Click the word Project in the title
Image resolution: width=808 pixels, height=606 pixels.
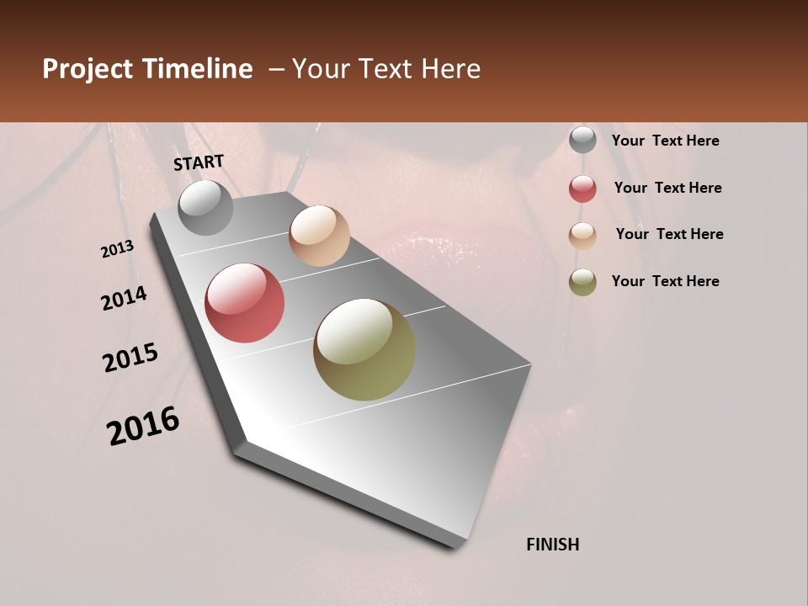(88, 70)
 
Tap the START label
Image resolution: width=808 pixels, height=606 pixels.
(199, 162)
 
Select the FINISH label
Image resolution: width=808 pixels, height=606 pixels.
(553, 545)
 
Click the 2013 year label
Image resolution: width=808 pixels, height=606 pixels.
(118, 249)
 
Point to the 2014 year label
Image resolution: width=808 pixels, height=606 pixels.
(125, 299)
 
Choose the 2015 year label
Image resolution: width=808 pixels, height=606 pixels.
(130, 358)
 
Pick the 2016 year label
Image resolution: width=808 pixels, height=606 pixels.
(143, 426)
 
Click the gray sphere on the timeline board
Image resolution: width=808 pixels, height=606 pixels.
(205, 207)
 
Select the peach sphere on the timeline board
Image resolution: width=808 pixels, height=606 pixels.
(319, 236)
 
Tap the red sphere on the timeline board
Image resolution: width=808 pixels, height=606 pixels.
(245, 303)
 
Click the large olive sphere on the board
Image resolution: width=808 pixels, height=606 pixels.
(364, 349)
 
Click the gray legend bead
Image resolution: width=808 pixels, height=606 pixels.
(582, 141)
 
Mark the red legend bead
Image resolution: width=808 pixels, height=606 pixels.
(582, 189)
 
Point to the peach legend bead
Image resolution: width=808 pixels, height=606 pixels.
(582, 236)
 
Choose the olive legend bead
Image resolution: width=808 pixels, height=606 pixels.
(582, 282)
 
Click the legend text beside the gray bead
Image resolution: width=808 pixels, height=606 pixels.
(665, 141)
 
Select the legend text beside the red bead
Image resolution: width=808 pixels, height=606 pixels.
(667, 189)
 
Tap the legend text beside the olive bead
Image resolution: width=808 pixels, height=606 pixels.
(665, 281)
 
